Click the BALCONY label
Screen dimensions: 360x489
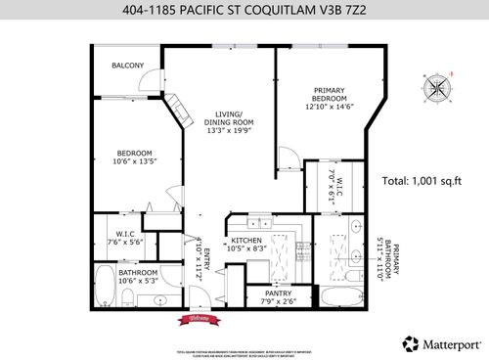pos(127,66)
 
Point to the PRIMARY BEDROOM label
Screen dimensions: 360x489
pos(328,92)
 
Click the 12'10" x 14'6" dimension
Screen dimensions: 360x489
pos(328,108)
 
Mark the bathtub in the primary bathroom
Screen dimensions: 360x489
pos(339,296)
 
